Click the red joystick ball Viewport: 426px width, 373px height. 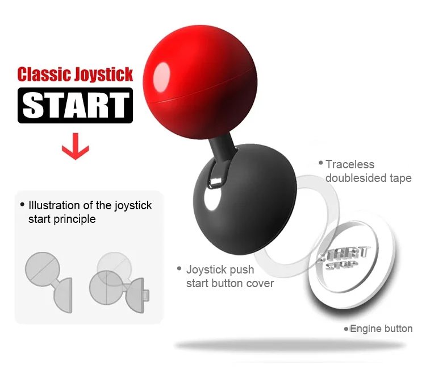(x=201, y=82)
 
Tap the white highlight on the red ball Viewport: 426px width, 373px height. (x=161, y=77)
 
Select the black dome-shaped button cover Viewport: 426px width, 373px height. (x=244, y=199)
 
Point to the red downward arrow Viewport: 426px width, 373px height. (x=75, y=146)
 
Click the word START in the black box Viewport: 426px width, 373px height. (x=75, y=105)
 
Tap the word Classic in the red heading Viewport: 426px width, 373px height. (x=45, y=74)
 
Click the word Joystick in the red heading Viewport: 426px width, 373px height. (x=104, y=75)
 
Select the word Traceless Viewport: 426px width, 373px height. (x=350, y=164)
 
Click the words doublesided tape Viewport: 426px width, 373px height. (x=369, y=178)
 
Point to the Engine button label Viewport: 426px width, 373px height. (x=381, y=329)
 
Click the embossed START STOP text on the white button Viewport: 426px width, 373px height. (x=344, y=258)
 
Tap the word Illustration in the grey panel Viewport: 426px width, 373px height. (x=55, y=205)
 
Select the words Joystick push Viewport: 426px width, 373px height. (x=220, y=270)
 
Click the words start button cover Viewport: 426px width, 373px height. (x=230, y=284)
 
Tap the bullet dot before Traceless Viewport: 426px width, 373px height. (x=321, y=163)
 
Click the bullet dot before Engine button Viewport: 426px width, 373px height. (x=346, y=329)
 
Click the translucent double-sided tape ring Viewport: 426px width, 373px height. (x=330, y=190)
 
